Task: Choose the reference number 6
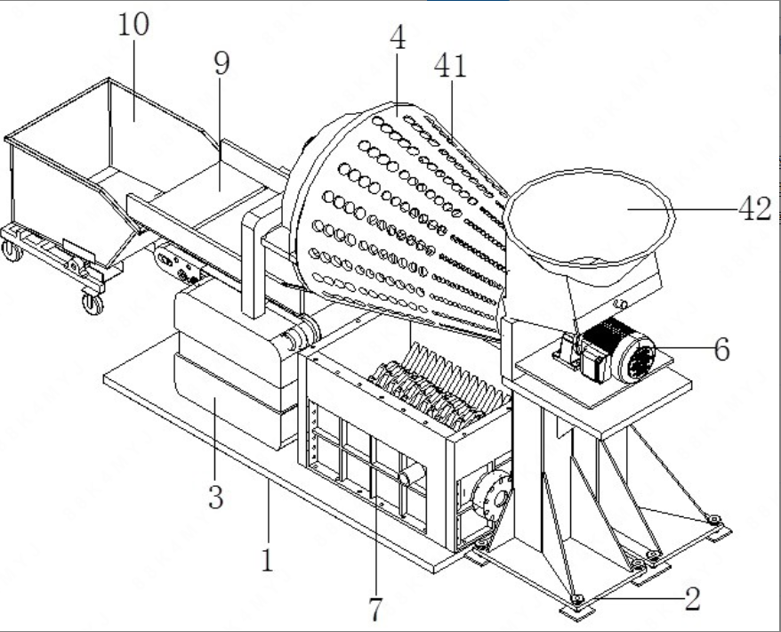[x=721, y=349]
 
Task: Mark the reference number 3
[x=215, y=496]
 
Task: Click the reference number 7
[x=374, y=609]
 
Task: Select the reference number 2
[x=691, y=597]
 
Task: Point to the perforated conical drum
[x=400, y=214]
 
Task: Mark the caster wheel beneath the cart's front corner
[x=93, y=304]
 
